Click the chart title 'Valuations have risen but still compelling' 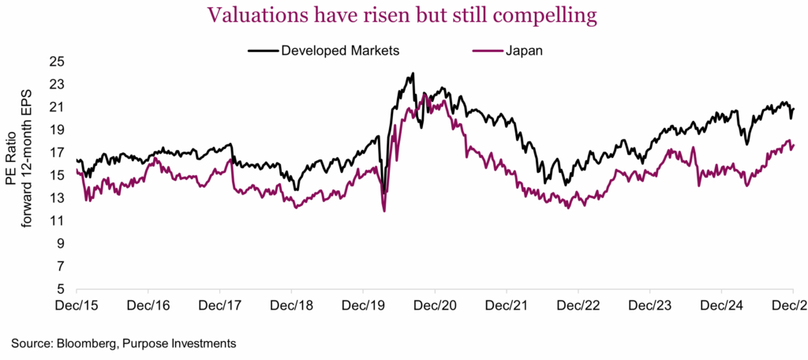click(x=403, y=16)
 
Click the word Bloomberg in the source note click(x=79, y=343)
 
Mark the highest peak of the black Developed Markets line click(x=413, y=74)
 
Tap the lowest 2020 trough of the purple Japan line click(x=383, y=211)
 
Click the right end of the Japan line click(x=793, y=144)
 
